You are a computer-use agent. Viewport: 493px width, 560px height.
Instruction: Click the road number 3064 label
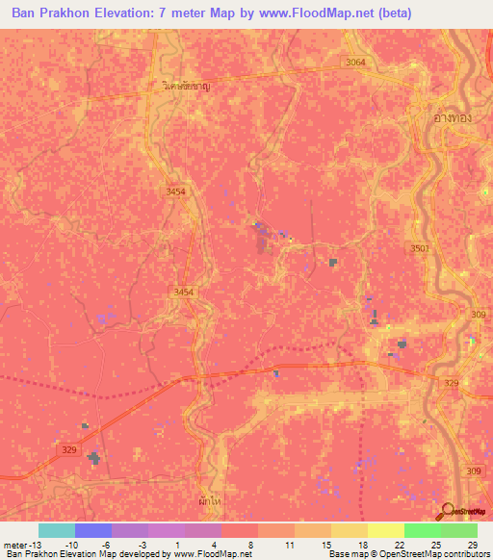pyautogui.click(x=355, y=63)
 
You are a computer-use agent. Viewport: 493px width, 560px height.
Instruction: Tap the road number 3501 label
pyautogui.click(x=421, y=248)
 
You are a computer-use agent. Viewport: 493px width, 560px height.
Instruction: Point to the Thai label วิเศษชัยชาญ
pyautogui.click(x=187, y=86)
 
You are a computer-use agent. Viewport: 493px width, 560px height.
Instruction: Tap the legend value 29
pyautogui.click(x=471, y=544)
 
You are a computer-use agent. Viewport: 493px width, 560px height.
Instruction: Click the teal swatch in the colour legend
pyautogui.click(x=57, y=530)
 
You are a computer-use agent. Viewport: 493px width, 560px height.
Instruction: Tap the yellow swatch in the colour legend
pyautogui.click(x=386, y=530)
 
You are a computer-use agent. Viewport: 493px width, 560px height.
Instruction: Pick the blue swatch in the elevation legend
pyautogui.click(x=93, y=530)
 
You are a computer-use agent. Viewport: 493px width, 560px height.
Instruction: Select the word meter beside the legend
pyautogui.click(x=15, y=544)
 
